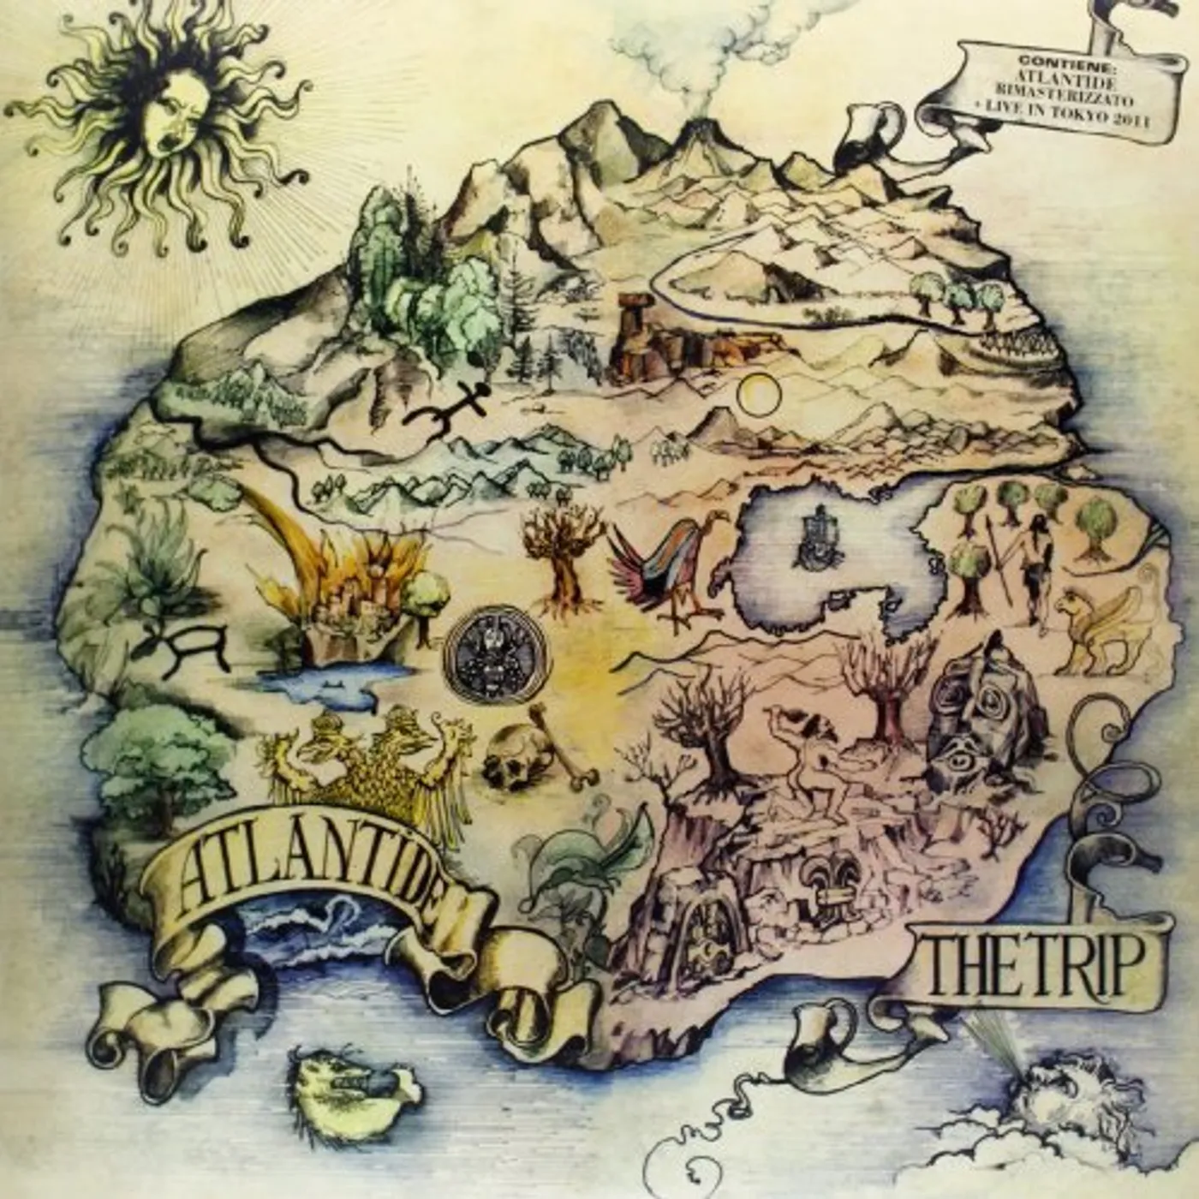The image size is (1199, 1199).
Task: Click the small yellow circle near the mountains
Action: (x=760, y=395)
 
